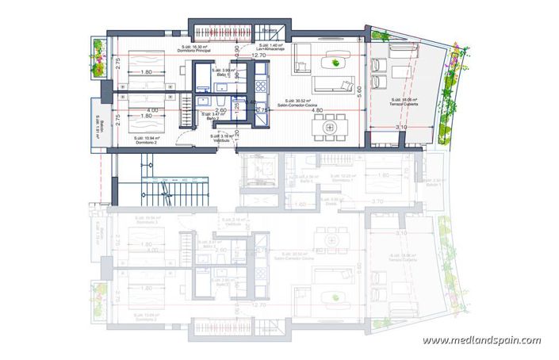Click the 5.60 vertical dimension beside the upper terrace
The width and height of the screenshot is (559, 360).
359,92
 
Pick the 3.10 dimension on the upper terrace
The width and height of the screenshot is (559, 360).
400,127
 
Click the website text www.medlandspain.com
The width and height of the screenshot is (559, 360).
481,341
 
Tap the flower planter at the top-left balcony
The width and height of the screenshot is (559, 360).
98,59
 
